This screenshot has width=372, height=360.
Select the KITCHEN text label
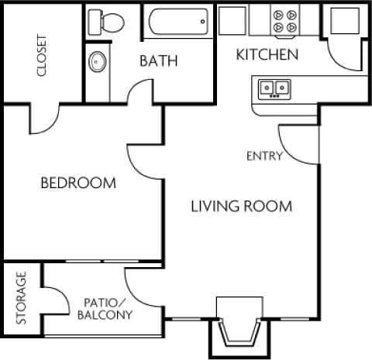coord(267,54)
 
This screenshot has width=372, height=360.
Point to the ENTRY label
coord(264,156)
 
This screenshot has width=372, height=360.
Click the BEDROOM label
coord(78,183)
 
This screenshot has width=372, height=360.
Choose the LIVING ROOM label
coord(242,206)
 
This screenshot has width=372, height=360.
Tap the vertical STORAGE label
coord(22,297)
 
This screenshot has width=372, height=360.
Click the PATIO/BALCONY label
coord(105,308)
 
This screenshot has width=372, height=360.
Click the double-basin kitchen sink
coord(274,87)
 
